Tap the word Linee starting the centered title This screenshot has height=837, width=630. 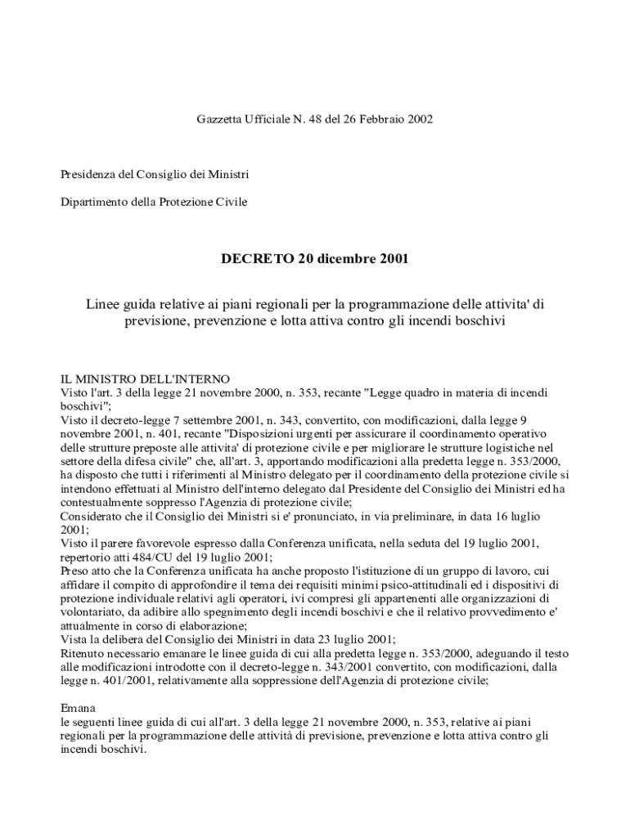103,304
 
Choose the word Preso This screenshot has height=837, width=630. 76,571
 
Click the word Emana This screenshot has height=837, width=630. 79,708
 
